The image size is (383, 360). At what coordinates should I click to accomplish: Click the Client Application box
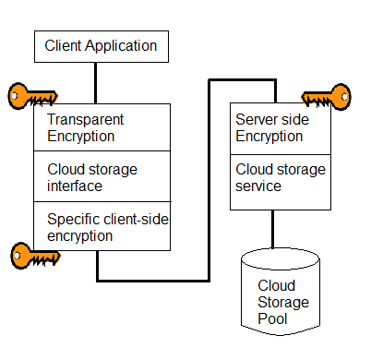click(102, 46)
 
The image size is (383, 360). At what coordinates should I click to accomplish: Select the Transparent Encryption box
click(102, 127)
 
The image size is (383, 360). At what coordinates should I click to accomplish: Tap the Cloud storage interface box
click(102, 176)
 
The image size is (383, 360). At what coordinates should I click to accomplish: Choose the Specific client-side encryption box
click(102, 226)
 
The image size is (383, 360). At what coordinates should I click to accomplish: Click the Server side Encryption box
click(272, 128)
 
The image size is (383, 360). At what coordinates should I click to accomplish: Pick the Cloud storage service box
click(272, 178)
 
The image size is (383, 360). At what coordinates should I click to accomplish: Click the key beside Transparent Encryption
click(32, 95)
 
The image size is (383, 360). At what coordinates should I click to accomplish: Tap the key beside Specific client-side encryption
click(32, 254)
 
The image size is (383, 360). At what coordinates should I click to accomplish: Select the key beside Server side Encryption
click(327, 95)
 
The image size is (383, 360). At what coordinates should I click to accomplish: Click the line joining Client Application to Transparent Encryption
click(95, 83)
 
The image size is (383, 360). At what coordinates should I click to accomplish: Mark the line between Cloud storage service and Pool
click(272, 229)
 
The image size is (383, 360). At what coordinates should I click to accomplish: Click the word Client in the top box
click(65, 45)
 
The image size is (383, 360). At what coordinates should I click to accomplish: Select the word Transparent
click(85, 120)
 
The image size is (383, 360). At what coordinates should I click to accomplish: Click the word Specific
click(73, 219)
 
